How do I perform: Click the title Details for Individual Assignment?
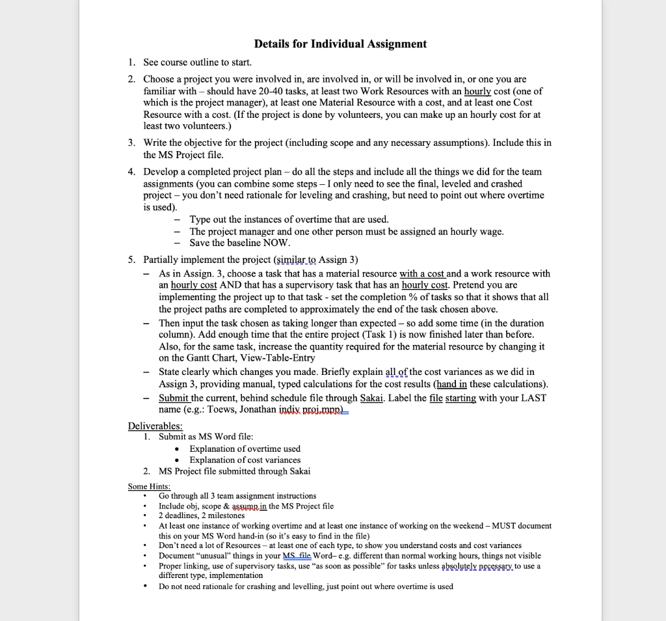[340, 44]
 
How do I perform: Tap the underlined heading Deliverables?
[155, 426]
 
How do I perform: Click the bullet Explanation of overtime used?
[245, 448]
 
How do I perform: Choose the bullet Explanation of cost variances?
[245, 460]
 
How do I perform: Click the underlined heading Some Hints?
[149, 486]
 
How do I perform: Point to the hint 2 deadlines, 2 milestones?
[202, 516]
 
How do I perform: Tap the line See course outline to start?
[197, 62]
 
